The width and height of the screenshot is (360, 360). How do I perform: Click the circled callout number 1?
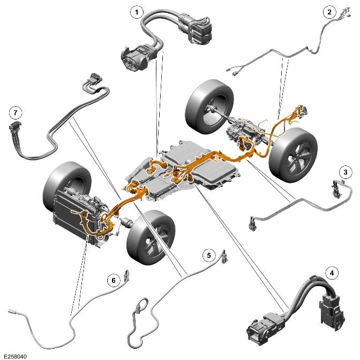137,12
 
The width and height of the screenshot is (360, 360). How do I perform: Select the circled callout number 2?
329,12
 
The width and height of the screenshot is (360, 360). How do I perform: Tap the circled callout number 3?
346,172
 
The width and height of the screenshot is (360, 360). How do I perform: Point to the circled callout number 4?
332,273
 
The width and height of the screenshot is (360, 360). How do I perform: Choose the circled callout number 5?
209,256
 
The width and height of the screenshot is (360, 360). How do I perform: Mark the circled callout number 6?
114,280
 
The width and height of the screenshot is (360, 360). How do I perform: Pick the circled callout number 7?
16,112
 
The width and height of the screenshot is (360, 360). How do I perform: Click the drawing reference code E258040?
15,356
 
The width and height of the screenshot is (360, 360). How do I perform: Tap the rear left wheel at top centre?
209,106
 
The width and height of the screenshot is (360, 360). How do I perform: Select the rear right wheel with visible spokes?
293,155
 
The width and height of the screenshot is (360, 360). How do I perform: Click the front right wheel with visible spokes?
151,237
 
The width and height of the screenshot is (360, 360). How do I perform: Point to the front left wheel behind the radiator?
66,184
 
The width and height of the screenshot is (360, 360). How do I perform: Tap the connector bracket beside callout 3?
336,187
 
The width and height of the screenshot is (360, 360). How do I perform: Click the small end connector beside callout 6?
126,275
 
